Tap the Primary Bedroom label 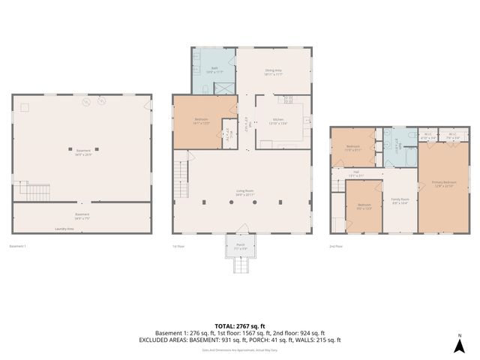[x=444, y=184]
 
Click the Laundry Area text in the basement [x=64, y=229]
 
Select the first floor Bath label [x=214, y=70]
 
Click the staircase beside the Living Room [x=180, y=175]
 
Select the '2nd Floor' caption [x=336, y=246]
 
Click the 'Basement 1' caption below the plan [x=17, y=246]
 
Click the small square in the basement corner [x=25, y=107]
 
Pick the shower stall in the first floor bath [x=223, y=87]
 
